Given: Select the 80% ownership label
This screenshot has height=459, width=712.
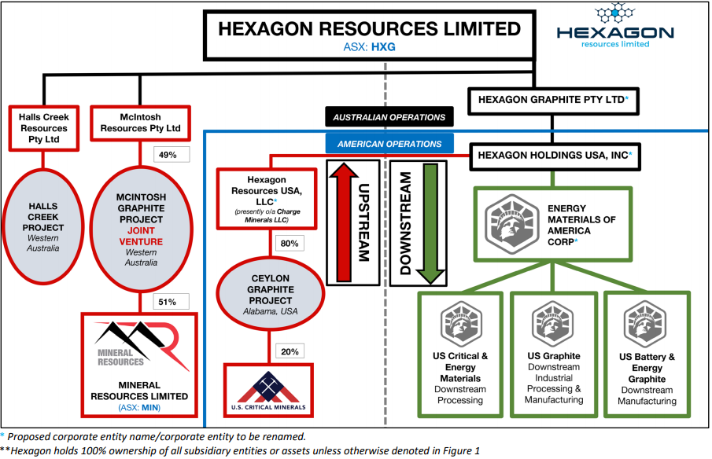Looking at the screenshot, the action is tap(290, 244).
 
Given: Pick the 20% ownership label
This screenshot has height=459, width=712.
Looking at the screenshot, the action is tap(290, 351).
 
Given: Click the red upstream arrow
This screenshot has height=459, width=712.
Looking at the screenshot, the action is tap(345, 222).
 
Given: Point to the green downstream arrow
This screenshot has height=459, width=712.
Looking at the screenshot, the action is tap(430, 224).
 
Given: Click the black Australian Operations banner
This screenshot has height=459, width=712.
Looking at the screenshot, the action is tap(389, 117).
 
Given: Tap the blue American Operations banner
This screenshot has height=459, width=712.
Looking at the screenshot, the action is tap(389, 144).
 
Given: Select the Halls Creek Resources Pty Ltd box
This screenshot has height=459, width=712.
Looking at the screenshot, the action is tap(43, 128).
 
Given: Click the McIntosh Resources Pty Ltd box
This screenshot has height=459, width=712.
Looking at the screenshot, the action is tap(140, 123).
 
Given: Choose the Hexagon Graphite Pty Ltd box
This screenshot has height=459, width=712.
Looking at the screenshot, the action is tap(553, 101).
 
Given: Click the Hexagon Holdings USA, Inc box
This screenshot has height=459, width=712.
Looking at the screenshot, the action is tap(555, 156).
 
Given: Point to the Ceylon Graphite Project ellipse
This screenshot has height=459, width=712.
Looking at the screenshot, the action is tap(270, 293).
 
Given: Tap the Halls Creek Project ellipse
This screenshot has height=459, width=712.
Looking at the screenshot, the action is tap(43, 227).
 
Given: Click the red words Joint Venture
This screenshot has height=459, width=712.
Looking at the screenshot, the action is tap(141, 236).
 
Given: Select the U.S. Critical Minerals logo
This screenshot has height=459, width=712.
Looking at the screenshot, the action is tap(268, 391).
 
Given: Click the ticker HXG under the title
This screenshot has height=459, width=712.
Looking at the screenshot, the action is tap(383, 46).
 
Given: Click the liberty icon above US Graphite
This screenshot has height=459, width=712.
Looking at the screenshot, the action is tap(552, 324).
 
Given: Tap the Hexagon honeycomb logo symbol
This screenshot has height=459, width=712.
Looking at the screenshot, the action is tap(614, 13).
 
